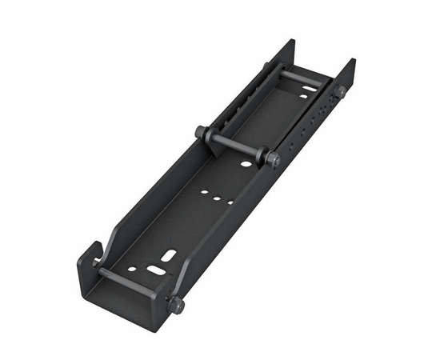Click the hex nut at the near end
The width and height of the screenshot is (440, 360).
[x=175, y=305]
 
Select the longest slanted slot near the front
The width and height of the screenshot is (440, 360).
[x=169, y=256]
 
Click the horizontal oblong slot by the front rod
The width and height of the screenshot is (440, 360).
[x=156, y=270]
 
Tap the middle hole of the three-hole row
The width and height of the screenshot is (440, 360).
[x=217, y=196]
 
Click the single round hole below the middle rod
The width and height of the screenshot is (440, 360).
[x=246, y=164]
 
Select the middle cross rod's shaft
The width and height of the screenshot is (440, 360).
[x=236, y=146]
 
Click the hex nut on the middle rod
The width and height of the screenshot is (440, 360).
[x=274, y=159]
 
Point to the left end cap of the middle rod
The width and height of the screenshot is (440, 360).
[x=199, y=132]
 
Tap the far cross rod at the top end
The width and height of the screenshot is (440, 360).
[x=300, y=78]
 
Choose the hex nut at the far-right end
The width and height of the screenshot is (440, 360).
[x=340, y=92]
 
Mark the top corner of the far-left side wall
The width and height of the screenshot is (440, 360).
[x=291, y=42]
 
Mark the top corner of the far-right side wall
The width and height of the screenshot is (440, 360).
[x=352, y=61]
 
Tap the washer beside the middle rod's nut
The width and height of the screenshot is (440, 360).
[x=265, y=155]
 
